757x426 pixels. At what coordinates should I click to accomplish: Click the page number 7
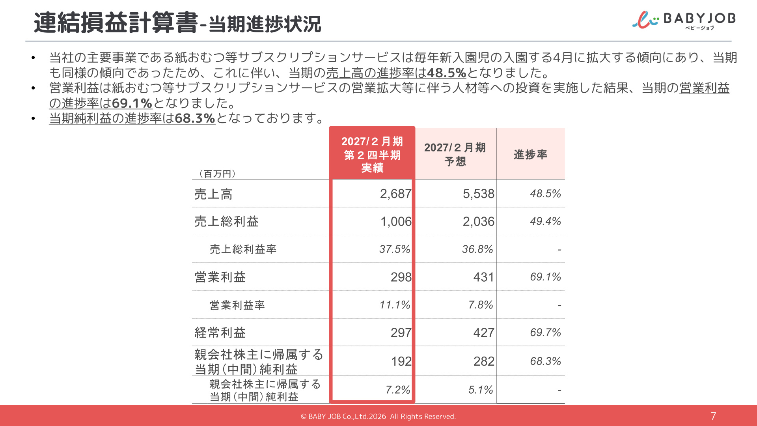713,416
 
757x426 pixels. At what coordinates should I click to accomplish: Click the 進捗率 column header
531,154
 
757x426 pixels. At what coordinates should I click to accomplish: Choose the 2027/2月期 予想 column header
455,154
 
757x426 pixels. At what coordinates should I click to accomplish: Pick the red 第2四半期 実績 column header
372,154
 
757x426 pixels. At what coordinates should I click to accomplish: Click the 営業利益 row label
220,277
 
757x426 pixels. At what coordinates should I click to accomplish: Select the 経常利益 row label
220,333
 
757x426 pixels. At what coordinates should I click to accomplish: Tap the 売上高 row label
213,194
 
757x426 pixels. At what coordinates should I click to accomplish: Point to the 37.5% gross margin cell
395,249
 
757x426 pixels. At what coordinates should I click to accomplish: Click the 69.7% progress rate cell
545,333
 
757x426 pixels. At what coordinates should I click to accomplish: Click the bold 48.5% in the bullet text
446,73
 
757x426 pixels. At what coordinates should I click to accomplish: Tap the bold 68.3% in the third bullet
195,118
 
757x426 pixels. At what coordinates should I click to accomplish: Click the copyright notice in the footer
378,417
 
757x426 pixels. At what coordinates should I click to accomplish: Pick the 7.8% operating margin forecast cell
481,305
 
